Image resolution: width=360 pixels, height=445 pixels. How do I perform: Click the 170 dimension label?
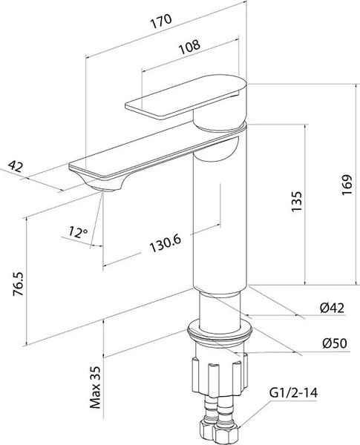[161, 21]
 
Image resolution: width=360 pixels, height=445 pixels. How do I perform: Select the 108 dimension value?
[189, 47]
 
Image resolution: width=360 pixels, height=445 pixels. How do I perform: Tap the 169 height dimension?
[347, 185]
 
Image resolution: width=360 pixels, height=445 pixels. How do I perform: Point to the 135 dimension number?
[296, 201]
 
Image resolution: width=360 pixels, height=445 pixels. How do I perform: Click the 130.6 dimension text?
[165, 243]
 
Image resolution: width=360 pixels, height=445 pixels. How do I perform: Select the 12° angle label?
[78, 232]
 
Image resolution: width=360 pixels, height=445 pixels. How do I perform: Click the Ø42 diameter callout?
[332, 308]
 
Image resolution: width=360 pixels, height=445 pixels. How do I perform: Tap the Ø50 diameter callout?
[335, 343]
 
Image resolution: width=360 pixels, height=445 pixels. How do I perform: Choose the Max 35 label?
[96, 387]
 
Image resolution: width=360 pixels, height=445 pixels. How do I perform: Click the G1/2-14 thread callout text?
[293, 393]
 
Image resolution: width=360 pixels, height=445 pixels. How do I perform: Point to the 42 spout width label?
[15, 166]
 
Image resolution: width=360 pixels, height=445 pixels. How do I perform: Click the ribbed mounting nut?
[220, 375]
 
